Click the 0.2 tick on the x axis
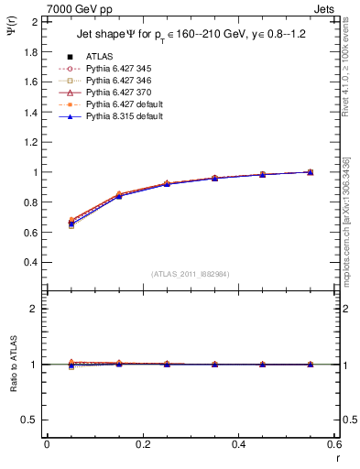tap(142, 444)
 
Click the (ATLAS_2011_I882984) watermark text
tap(190, 274)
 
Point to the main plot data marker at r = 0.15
tap(119, 195)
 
